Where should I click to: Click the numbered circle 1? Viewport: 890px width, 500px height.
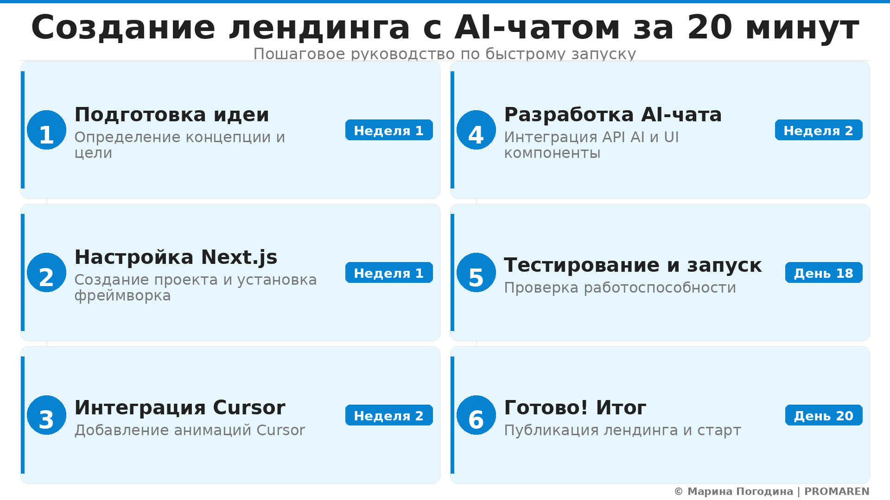pyautogui.click(x=46, y=130)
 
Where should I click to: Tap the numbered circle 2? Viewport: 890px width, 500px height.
pyautogui.click(x=46, y=273)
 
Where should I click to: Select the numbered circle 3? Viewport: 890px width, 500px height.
pyautogui.click(x=46, y=415)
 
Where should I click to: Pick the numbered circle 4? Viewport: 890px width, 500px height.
pyautogui.click(x=476, y=130)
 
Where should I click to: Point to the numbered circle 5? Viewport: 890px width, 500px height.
pyautogui.click(x=476, y=273)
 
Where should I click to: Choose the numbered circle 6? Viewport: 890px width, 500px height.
pyautogui.click(x=476, y=415)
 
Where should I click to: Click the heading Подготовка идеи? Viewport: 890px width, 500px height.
pyautogui.click(x=172, y=115)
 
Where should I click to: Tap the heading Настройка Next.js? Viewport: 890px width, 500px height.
pyautogui.click(x=176, y=257)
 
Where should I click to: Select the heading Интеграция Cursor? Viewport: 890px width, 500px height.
pyautogui.click(x=180, y=408)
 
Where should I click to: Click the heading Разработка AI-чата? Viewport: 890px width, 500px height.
pyautogui.click(x=613, y=115)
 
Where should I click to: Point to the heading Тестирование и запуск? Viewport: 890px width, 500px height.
pyautogui.click(x=633, y=265)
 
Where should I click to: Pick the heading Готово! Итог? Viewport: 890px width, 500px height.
pyautogui.click(x=575, y=408)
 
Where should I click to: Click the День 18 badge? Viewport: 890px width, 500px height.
pyautogui.click(x=824, y=273)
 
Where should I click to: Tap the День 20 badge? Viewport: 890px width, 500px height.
pyautogui.click(x=824, y=415)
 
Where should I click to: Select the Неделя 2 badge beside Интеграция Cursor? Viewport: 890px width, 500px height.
pyautogui.click(x=389, y=415)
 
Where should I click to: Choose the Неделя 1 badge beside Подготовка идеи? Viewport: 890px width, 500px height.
pyautogui.click(x=389, y=130)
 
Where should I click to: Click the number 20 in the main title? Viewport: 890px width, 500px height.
pyautogui.click(x=710, y=28)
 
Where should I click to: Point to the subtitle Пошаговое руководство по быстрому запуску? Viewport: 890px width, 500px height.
pyautogui.click(x=445, y=54)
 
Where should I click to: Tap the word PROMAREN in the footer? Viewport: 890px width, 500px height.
pyautogui.click(x=837, y=492)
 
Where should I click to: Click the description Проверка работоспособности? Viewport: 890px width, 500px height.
pyautogui.click(x=620, y=288)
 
